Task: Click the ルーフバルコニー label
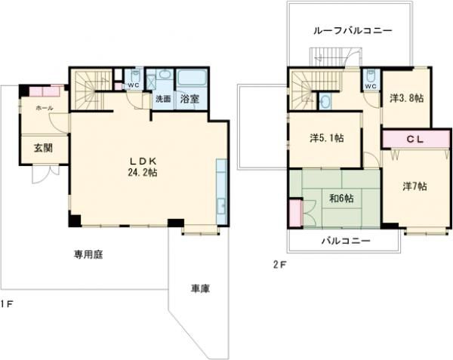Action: point(353,30)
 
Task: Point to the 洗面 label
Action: point(163,99)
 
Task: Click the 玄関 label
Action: point(42,148)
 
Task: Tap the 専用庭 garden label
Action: point(88,254)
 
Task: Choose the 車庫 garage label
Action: point(200,288)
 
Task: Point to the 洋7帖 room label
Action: point(414,186)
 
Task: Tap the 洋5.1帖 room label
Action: point(327,138)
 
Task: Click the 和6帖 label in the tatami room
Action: point(342,199)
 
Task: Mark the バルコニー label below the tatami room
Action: point(345,242)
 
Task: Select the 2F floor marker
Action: point(279,264)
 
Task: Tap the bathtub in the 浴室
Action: point(192,79)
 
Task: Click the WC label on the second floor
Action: point(370,86)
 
